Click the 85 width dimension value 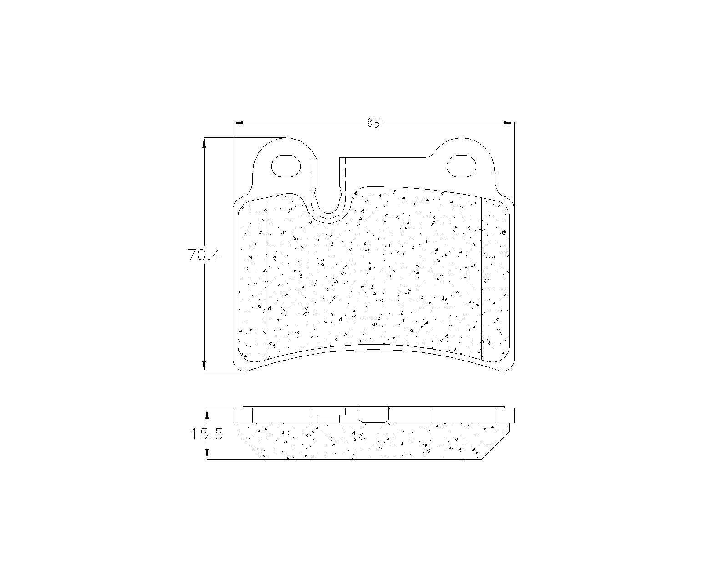pos(374,123)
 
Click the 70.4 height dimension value pos(204,255)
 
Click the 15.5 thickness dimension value pos(207,434)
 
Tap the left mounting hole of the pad pos(286,166)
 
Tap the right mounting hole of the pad pos(461,166)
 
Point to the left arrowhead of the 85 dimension pos(238,123)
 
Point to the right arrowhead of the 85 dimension pos(509,123)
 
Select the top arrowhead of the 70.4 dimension pos(204,143)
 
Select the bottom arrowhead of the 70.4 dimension pos(204,366)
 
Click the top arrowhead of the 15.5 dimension pos(207,414)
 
